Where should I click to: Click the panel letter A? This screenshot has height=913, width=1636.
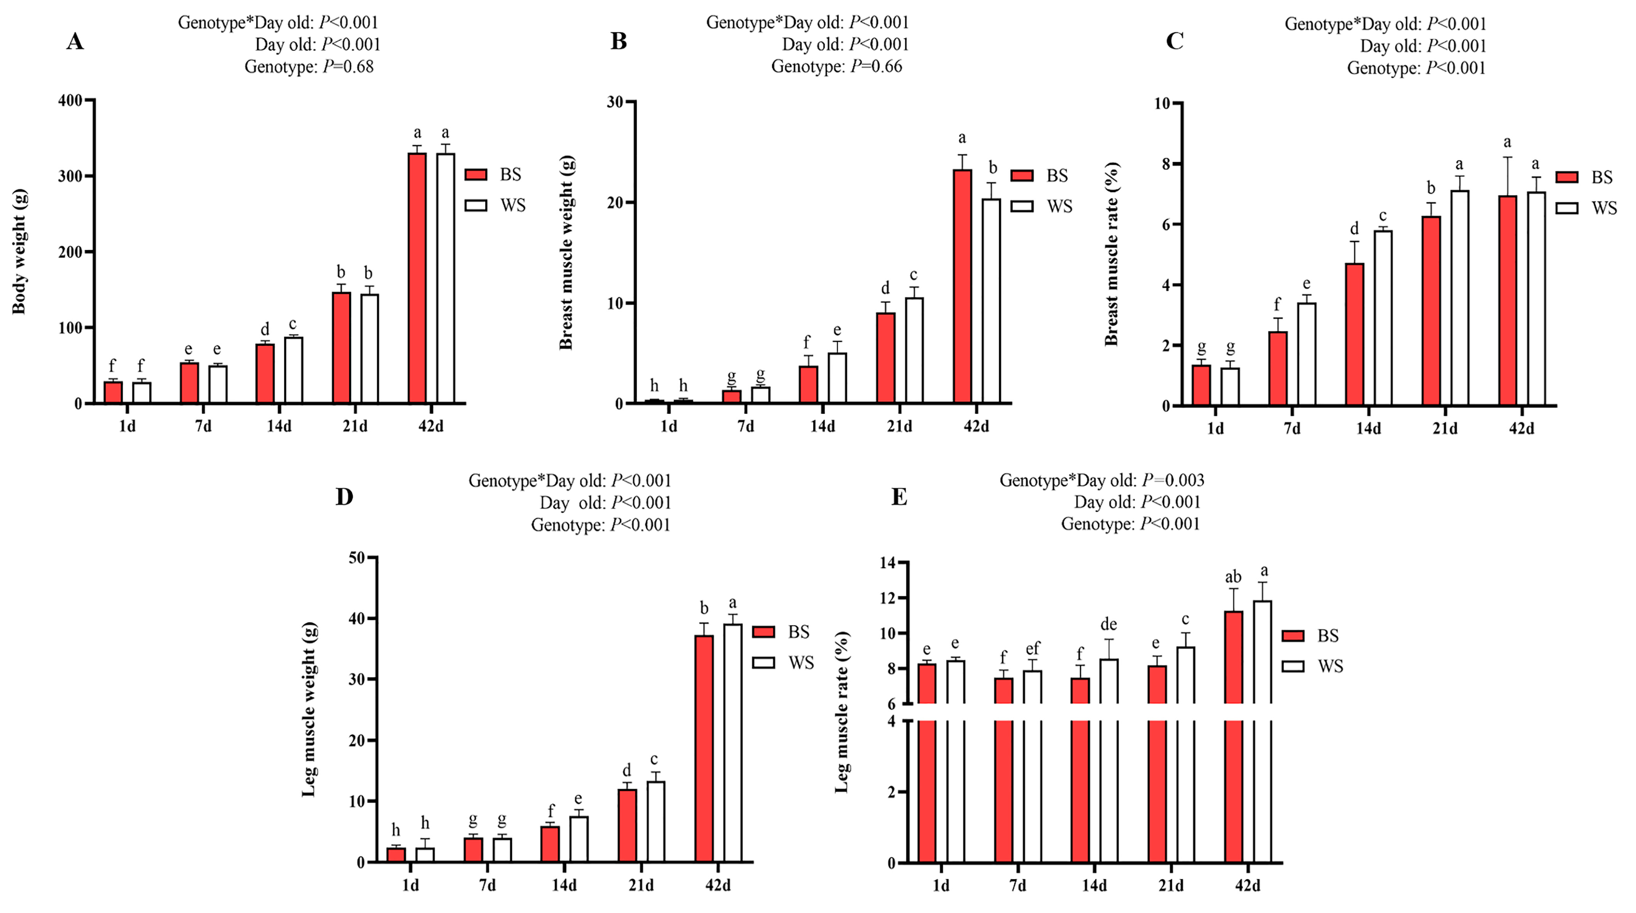75,42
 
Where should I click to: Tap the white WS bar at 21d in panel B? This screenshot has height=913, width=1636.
914,350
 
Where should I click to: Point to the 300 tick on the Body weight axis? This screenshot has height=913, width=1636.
70,176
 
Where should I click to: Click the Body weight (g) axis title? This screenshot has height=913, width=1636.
19,251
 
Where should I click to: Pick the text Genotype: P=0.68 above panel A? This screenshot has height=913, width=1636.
309,67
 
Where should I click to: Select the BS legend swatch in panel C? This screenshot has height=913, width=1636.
1567,177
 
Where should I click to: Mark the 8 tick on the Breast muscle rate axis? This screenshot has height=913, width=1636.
1166,164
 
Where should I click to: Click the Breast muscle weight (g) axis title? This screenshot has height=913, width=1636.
566,252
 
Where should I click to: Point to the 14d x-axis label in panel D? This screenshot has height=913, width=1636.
564,885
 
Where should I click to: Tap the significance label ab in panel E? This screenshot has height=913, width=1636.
1233,577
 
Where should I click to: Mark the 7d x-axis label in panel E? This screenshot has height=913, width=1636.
1017,885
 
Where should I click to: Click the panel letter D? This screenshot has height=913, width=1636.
344,497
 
